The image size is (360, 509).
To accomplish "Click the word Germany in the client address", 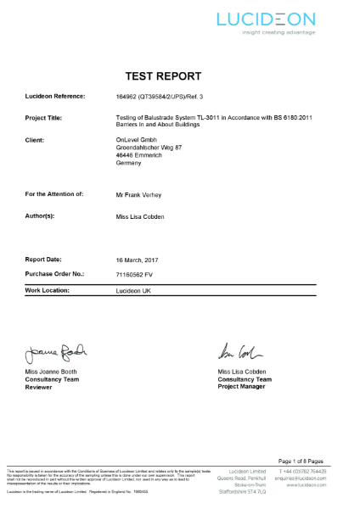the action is click(x=128, y=161).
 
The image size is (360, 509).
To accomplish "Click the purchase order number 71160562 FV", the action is click(x=138, y=274).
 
